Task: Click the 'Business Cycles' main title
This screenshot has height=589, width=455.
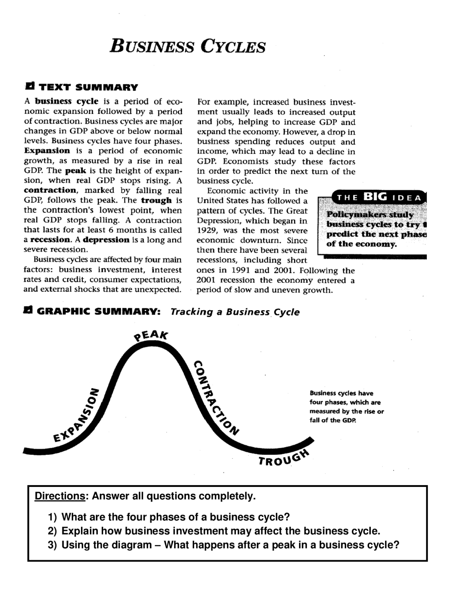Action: [187, 46]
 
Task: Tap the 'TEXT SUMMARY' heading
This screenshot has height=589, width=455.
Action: [88, 87]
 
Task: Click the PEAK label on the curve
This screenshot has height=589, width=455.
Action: [151, 335]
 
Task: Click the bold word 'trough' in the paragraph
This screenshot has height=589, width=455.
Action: [156, 200]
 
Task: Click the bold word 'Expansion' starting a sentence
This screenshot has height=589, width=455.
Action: [47, 151]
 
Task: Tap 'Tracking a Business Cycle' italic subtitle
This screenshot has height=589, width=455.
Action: [235, 312]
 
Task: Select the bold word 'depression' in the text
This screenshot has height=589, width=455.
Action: [107, 240]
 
